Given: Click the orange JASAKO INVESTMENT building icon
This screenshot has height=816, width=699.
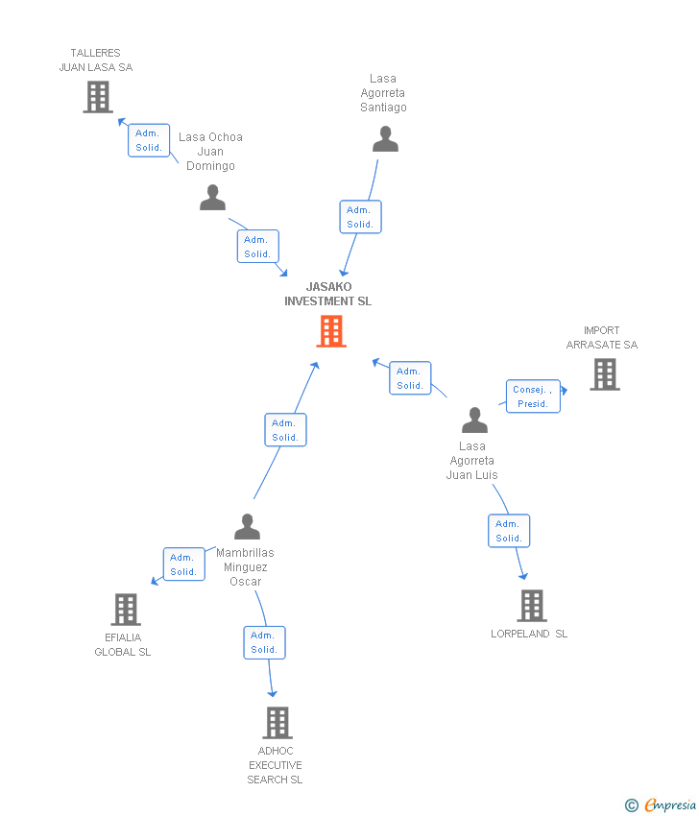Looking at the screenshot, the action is pos(331,331).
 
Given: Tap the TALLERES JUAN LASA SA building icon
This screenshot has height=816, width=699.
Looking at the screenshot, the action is pos(98,97).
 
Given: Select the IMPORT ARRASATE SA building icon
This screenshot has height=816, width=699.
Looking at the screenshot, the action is pos(605,374).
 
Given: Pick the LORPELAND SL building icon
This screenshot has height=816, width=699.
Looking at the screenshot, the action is pos(532,606).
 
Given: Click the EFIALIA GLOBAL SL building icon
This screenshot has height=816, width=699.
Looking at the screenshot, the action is pos(126,610).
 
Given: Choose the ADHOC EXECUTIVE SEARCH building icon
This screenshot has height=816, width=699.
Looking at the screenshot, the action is pos(277,723).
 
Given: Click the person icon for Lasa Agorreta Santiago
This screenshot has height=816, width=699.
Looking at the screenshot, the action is pos(385,140).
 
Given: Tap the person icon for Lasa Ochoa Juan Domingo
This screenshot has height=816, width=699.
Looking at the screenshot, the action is pos(212,198).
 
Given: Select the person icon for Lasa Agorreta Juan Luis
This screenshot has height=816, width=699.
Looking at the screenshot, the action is pos(474,420).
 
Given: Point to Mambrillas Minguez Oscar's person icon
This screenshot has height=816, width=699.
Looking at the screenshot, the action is pos(247,527).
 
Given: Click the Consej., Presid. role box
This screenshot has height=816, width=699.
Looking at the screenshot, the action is pos(533,396).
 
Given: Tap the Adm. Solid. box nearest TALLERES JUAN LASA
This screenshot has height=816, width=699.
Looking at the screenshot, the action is pos(149,140).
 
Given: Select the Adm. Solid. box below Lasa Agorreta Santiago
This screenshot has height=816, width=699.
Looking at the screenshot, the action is pos(360,217).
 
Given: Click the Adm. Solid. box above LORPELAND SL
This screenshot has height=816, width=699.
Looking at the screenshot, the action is pos(509,531).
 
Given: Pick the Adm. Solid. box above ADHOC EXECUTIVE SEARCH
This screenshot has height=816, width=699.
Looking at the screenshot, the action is pos(264,642).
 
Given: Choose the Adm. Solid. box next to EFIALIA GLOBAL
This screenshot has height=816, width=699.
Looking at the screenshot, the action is pos(183,564).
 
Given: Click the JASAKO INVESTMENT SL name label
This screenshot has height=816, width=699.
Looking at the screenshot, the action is pos(328,294).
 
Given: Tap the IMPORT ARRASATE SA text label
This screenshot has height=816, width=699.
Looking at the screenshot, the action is pos(602,338).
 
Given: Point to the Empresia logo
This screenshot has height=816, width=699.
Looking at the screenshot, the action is pos(662,805).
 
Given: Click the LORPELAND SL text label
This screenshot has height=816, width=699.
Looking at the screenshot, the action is pos(529,634).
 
